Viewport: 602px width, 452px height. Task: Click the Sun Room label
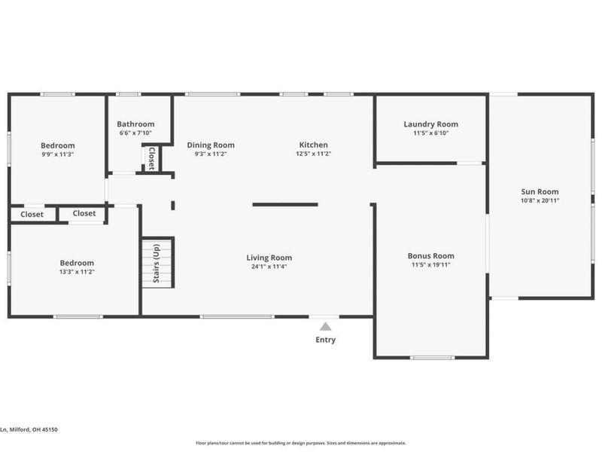pyautogui.click(x=540, y=191)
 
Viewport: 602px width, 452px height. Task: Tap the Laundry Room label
pyautogui.click(x=430, y=124)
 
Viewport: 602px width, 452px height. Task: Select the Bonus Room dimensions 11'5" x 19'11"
pyautogui.click(x=430, y=264)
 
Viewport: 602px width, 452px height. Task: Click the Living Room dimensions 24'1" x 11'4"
pyautogui.click(x=269, y=267)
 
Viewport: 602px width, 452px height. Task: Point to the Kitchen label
pyautogui.click(x=314, y=145)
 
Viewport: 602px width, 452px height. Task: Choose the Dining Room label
pyautogui.click(x=211, y=145)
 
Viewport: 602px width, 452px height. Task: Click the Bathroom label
pyautogui.click(x=135, y=124)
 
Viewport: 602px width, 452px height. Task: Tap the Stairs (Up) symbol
pyautogui.click(x=158, y=263)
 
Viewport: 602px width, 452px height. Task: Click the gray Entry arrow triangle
pyautogui.click(x=326, y=326)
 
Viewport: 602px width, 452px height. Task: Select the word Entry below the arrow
pyautogui.click(x=326, y=340)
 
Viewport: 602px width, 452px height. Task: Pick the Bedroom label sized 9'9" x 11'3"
pyautogui.click(x=58, y=145)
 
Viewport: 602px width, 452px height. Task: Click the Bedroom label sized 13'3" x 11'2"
pyautogui.click(x=77, y=263)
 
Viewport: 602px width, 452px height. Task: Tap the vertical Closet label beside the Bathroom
pyautogui.click(x=152, y=158)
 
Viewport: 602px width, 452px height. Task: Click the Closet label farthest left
pyautogui.click(x=32, y=215)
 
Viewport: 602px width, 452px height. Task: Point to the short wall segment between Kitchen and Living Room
pyautogui.click(x=285, y=204)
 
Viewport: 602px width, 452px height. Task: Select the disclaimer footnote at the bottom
pyautogui.click(x=301, y=443)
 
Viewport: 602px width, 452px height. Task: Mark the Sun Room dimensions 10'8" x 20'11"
pyautogui.click(x=540, y=200)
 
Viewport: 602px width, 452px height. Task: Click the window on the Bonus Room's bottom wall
pyautogui.click(x=432, y=358)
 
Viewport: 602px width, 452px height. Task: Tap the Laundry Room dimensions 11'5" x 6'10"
pyautogui.click(x=430, y=133)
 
